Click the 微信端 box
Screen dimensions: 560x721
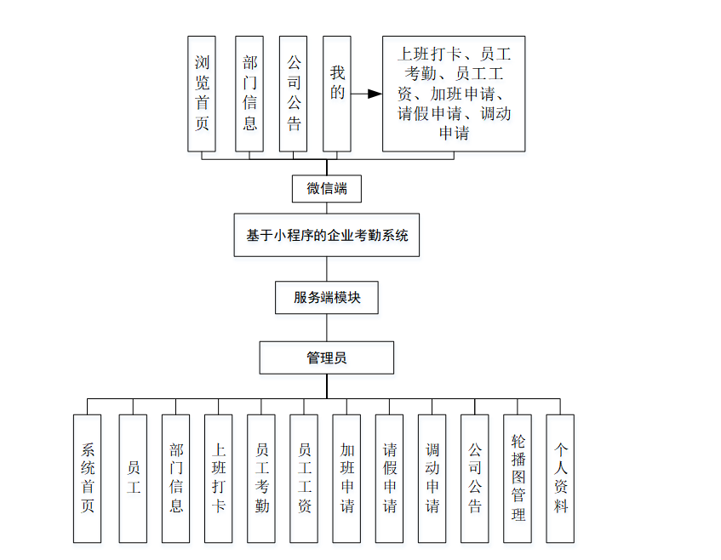pyautogui.click(x=326, y=189)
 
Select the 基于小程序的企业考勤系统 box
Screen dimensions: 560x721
pyautogui.click(x=327, y=235)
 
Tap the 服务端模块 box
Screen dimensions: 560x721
pyautogui.click(x=326, y=298)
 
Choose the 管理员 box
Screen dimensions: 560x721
pyautogui.click(x=326, y=357)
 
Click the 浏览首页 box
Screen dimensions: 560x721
pyautogui.click(x=202, y=94)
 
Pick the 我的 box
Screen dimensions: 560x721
pyautogui.click(x=337, y=94)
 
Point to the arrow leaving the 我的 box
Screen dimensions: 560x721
pyautogui.click(x=366, y=94)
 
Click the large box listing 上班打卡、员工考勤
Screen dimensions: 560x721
pyautogui.click(x=453, y=94)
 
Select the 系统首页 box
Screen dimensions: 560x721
pyautogui.click(x=87, y=478)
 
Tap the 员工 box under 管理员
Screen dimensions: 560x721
pyautogui.click(x=133, y=478)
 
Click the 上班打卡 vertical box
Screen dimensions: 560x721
pyautogui.click(x=219, y=478)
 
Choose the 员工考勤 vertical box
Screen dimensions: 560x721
pyautogui.click(x=261, y=478)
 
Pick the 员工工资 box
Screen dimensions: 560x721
pyautogui.click(x=304, y=478)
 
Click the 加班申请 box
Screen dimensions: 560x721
pyautogui.click(x=346, y=478)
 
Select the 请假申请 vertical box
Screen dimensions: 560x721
pyautogui.click(x=389, y=478)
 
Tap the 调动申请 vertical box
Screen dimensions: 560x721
pyautogui.click(x=432, y=478)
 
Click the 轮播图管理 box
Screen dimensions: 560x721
pyautogui.click(x=518, y=478)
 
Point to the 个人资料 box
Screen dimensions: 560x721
pyautogui.click(x=560, y=478)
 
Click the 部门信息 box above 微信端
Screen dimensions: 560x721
pyautogui.click(x=249, y=94)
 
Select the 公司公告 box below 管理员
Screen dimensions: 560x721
pyautogui.click(x=475, y=478)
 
